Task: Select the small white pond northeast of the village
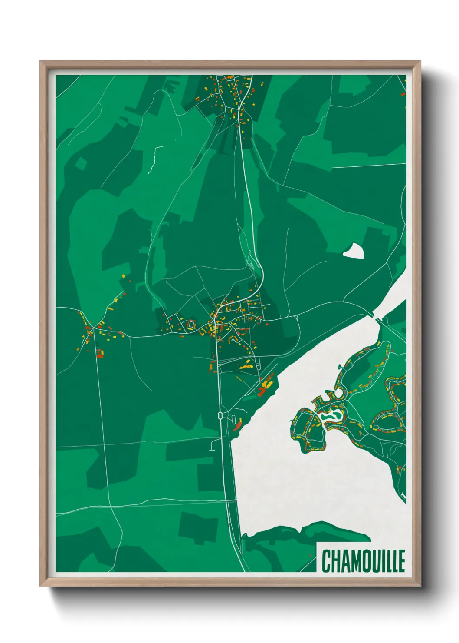[x=354, y=251]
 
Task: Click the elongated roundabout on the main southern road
[x=220, y=415]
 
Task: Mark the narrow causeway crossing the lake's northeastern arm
[x=377, y=316]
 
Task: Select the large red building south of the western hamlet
[x=100, y=354]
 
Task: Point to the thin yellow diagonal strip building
[x=239, y=379]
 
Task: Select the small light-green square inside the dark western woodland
[x=81, y=163]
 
